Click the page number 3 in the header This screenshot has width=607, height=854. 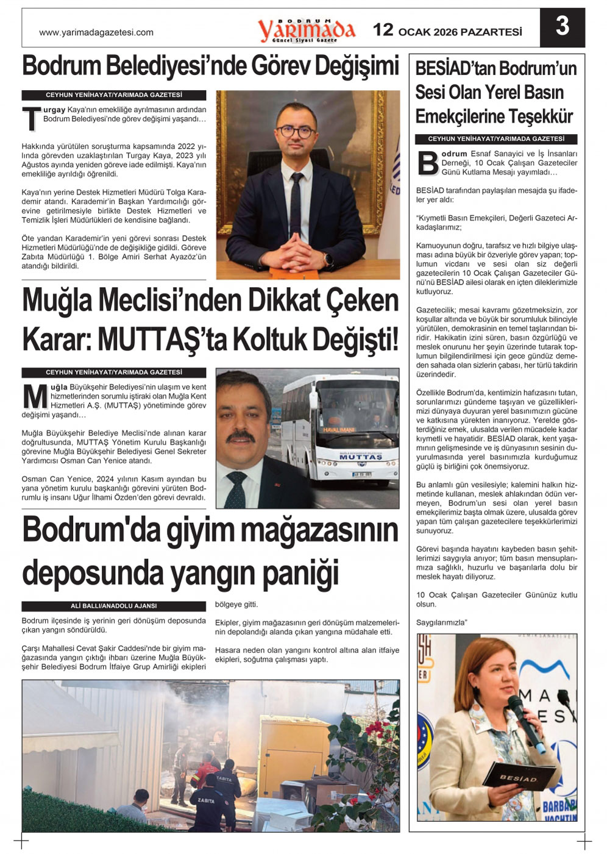click(x=562, y=27)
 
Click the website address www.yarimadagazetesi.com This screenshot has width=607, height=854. click(x=96, y=32)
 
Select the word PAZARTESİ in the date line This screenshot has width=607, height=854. click(x=491, y=32)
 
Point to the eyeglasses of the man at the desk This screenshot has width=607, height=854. click(x=295, y=130)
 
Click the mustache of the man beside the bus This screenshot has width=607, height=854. click(x=241, y=436)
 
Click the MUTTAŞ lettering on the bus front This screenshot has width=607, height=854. click(x=361, y=457)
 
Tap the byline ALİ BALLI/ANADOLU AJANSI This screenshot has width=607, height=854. click(x=113, y=606)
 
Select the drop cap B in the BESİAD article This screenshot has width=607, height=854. click(x=428, y=163)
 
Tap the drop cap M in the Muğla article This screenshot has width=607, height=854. click(x=35, y=396)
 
